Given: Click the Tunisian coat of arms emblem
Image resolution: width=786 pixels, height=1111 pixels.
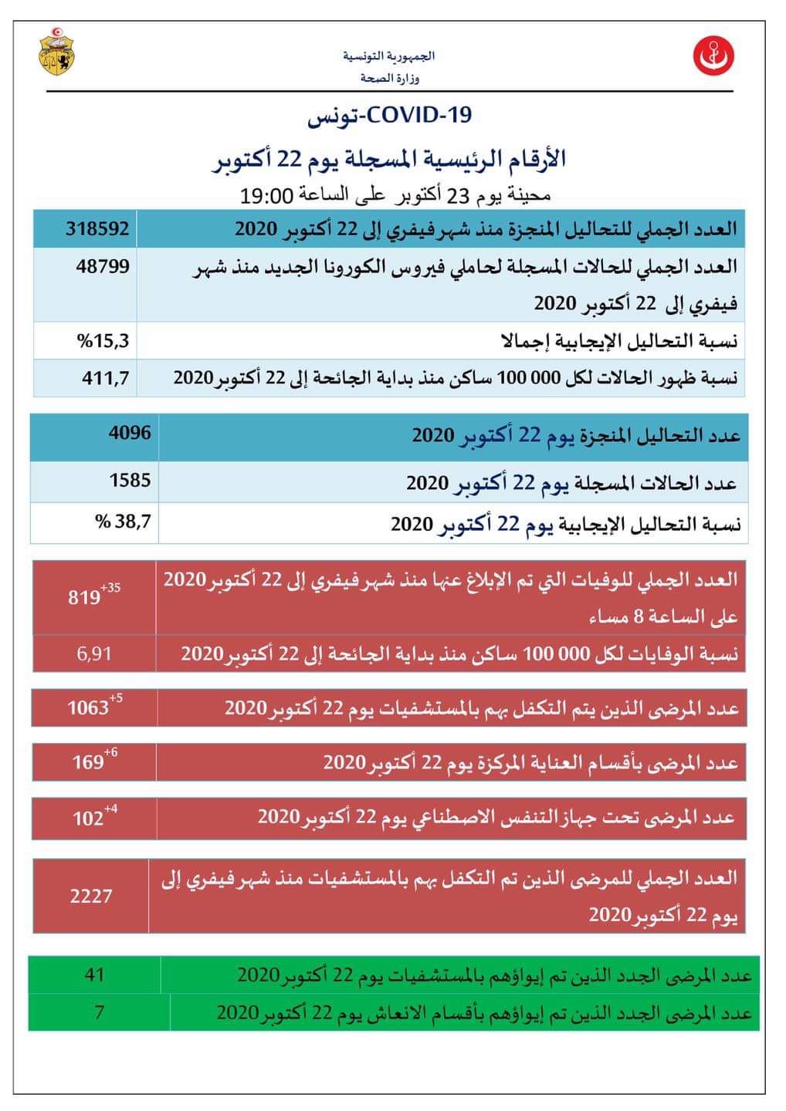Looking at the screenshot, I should pyautogui.click(x=57, y=52).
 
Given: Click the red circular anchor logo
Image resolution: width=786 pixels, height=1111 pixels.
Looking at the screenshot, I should pyautogui.click(x=713, y=56).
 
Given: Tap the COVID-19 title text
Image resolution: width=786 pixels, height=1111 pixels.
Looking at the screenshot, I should pyautogui.click(x=390, y=116).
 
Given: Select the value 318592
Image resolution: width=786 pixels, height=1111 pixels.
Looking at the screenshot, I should pyautogui.click(x=97, y=228).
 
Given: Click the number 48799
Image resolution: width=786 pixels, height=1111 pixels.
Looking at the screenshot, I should pyautogui.click(x=103, y=267).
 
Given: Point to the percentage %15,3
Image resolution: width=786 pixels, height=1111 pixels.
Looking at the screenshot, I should pyautogui.click(x=103, y=340).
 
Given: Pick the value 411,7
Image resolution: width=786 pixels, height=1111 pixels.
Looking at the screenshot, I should pyautogui.click(x=106, y=378).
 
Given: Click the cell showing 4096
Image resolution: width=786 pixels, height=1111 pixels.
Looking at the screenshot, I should pyautogui.click(x=130, y=432).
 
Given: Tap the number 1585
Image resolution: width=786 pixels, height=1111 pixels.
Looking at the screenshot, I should pyautogui.click(x=130, y=480).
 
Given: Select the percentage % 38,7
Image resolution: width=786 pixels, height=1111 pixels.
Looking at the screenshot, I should pyautogui.click(x=124, y=522).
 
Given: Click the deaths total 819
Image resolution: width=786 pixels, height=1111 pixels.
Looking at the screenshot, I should pyautogui.click(x=84, y=597).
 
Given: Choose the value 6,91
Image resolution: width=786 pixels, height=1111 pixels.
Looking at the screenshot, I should pyautogui.click(x=94, y=653).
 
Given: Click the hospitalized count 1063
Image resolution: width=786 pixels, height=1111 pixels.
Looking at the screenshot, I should pyautogui.click(x=88, y=707).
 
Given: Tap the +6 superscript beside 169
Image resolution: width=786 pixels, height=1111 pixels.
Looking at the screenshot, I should pyautogui.click(x=110, y=753).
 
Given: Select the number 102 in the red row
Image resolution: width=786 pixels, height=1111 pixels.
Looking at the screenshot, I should pyautogui.click(x=88, y=818).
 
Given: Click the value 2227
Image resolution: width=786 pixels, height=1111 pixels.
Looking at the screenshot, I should pyautogui.click(x=91, y=896).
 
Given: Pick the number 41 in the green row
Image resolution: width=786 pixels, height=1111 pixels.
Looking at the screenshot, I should pyautogui.click(x=94, y=974).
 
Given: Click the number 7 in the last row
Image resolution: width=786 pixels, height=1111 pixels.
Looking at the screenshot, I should pyautogui.click(x=99, y=1011).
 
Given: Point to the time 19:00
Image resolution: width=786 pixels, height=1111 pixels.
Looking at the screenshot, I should pyautogui.click(x=267, y=195).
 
